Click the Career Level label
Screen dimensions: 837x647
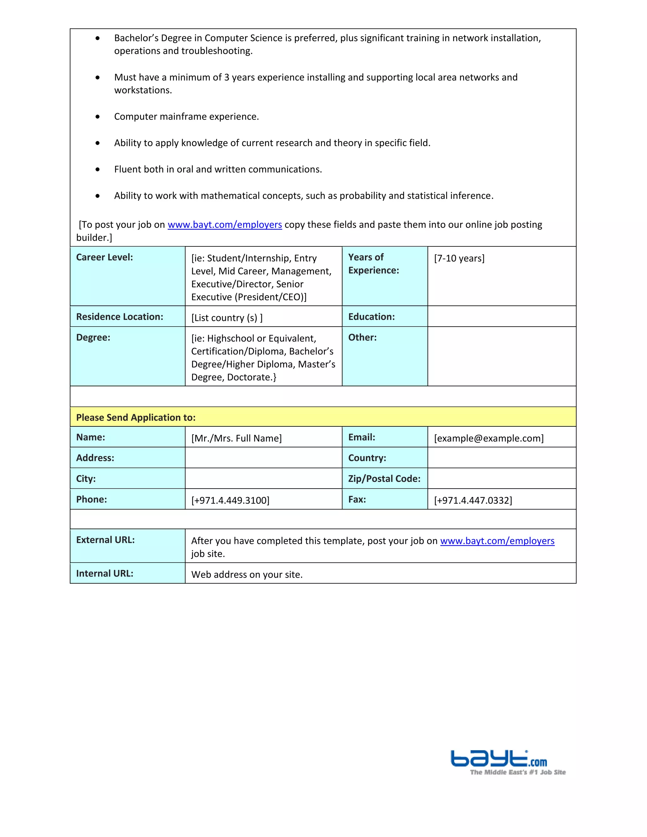(104, 257)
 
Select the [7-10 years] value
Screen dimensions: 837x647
(459, 258)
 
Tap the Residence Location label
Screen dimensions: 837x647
(120, 316)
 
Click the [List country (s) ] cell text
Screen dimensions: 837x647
(227, 318)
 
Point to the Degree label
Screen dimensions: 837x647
(93, 337)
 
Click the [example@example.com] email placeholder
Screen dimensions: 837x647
(489, 438)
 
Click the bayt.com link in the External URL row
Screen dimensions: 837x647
(497, 541)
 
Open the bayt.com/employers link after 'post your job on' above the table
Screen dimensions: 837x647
(225, 225)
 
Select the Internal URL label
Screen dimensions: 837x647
(105, 573)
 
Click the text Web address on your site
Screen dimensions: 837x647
(247, 575)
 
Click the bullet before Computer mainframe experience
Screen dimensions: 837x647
(98, 117)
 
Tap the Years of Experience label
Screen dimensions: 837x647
(373, 264)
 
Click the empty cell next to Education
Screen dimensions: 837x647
(501, 316)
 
